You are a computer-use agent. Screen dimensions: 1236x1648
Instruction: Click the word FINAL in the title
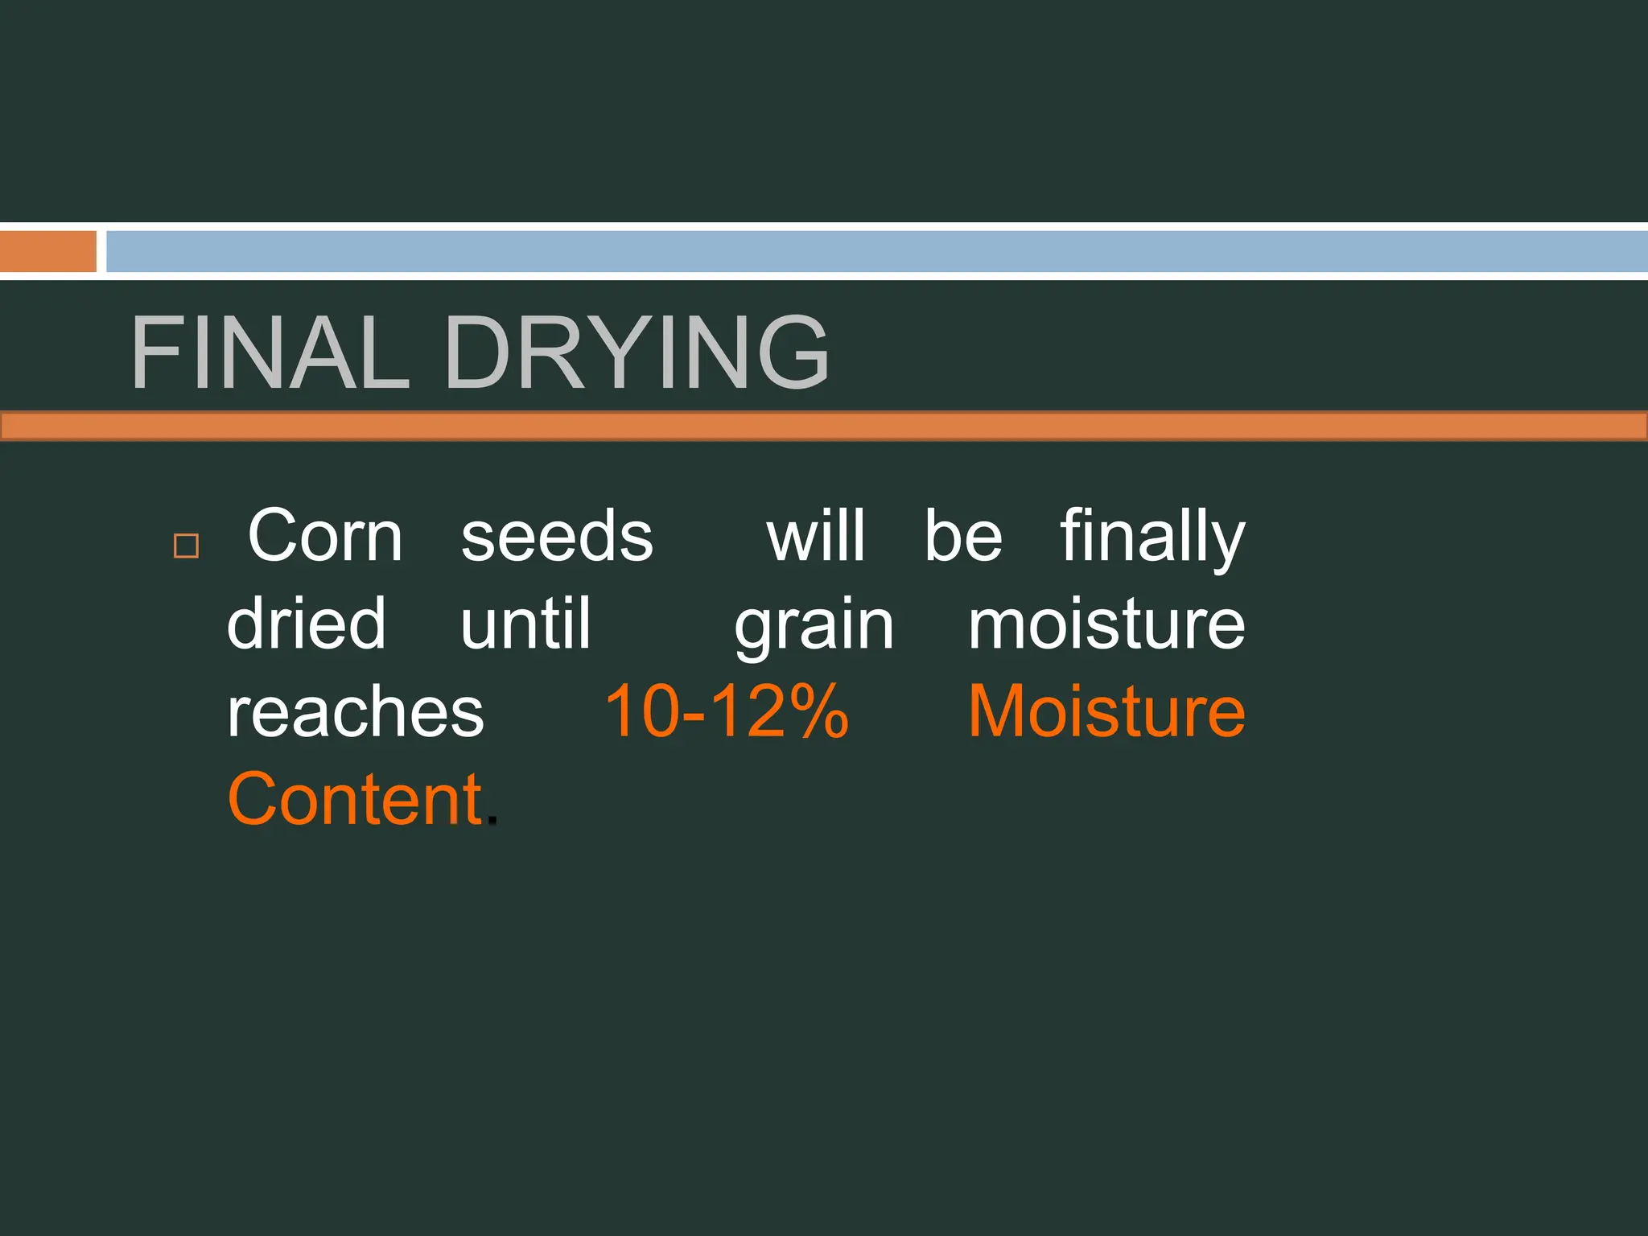270,352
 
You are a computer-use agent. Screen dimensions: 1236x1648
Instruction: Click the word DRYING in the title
636,352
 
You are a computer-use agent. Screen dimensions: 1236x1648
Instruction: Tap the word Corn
325,536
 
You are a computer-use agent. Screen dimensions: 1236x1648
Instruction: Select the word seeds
557,536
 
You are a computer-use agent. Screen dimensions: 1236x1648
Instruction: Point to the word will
815,536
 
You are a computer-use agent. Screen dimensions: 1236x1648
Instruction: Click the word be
963,536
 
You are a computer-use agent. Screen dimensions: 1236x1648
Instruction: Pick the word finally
1152,538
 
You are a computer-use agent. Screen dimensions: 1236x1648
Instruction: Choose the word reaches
356,712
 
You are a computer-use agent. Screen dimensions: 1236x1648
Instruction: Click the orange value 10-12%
727,711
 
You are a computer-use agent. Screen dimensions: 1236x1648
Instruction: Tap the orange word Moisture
1106,711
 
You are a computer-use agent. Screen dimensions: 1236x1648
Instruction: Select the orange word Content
355,799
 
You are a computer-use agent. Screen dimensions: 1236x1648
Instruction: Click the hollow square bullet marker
186,546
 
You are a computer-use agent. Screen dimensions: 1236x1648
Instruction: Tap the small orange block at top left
47,252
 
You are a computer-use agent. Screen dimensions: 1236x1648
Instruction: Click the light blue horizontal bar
875,252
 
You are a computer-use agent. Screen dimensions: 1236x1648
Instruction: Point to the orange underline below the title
824,426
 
